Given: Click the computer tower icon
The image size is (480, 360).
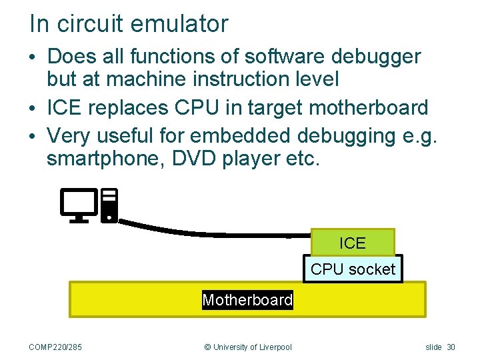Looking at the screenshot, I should tap(109, 205).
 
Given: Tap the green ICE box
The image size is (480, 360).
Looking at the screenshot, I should tap(353, 243).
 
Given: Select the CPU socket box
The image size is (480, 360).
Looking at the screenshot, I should tap(353, 269).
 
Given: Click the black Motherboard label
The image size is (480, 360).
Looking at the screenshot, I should tap(247, 300).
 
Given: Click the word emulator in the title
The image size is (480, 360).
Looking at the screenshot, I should tap(179, 24).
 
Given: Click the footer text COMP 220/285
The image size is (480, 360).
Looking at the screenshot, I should tap(56, 347).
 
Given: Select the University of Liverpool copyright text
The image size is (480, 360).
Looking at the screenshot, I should tap(247, 347).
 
